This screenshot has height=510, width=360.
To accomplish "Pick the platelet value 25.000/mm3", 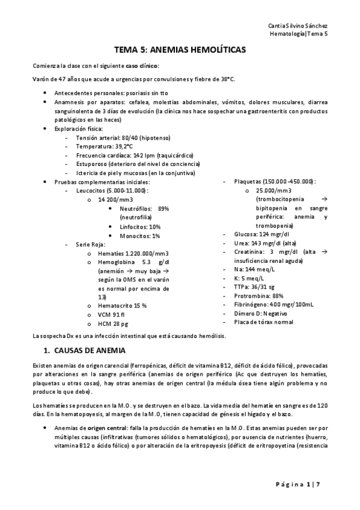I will click(274, 190).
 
